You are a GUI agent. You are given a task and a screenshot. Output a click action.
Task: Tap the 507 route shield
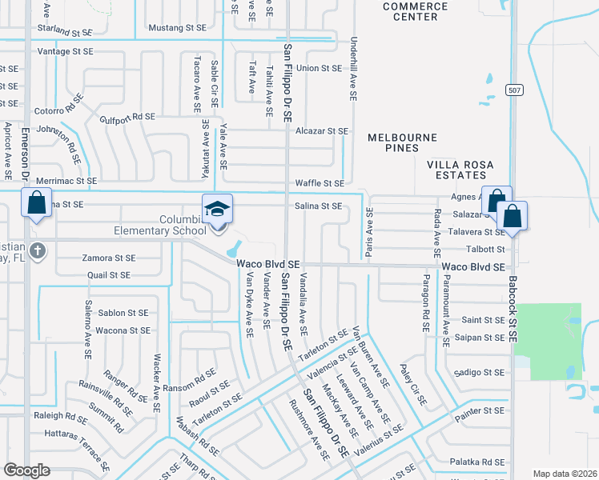pos(514,91)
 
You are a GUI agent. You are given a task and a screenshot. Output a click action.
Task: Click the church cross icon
pos(38,250)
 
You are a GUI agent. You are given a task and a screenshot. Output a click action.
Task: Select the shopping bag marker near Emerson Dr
pos(36,203)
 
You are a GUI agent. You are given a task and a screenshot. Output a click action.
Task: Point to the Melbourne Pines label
pos(402,142)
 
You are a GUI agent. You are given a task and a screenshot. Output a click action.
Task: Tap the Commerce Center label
pos(414,11)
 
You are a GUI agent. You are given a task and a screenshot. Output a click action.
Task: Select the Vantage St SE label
pos(66,51)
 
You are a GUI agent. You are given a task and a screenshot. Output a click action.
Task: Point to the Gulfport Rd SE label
pos(127,117)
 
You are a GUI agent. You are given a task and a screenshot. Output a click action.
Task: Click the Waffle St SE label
pos(320,183)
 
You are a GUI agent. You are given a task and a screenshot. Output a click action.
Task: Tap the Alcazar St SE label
pos(322,130)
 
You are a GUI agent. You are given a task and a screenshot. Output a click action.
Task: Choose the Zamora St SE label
pos(108,258)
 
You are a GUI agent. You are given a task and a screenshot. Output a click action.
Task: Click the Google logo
pos(26,470)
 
